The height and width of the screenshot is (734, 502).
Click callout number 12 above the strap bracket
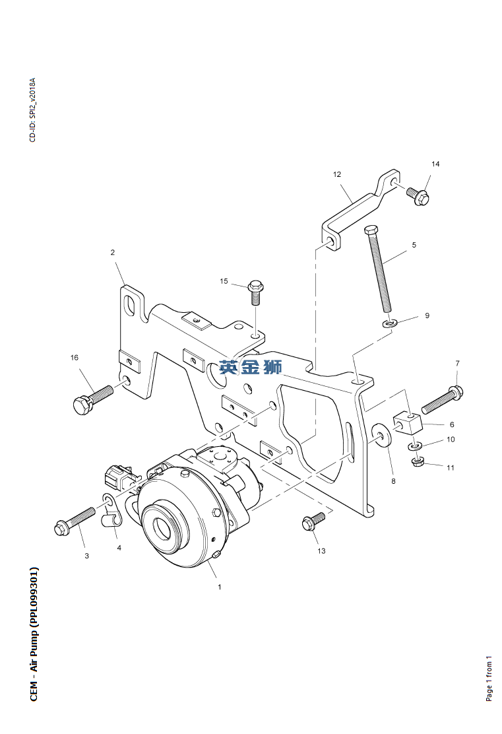tap(337, 174)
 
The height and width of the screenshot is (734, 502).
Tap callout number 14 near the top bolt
tap(435, 164)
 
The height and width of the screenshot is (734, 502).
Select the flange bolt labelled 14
tap(418, 195)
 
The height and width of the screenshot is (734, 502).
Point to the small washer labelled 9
tap(391, 323)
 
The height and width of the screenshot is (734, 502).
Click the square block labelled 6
tap(408, 421)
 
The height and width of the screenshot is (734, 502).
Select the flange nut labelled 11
tap(417, 461)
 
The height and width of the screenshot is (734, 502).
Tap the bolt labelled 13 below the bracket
tap(312, 521)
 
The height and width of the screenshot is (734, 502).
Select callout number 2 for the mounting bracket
tap(113, 252)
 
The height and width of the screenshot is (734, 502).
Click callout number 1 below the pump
tap(220, 585)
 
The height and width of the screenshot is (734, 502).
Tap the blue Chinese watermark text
tap(251, 368)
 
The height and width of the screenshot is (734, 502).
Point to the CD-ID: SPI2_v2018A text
tap(32, 110)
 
